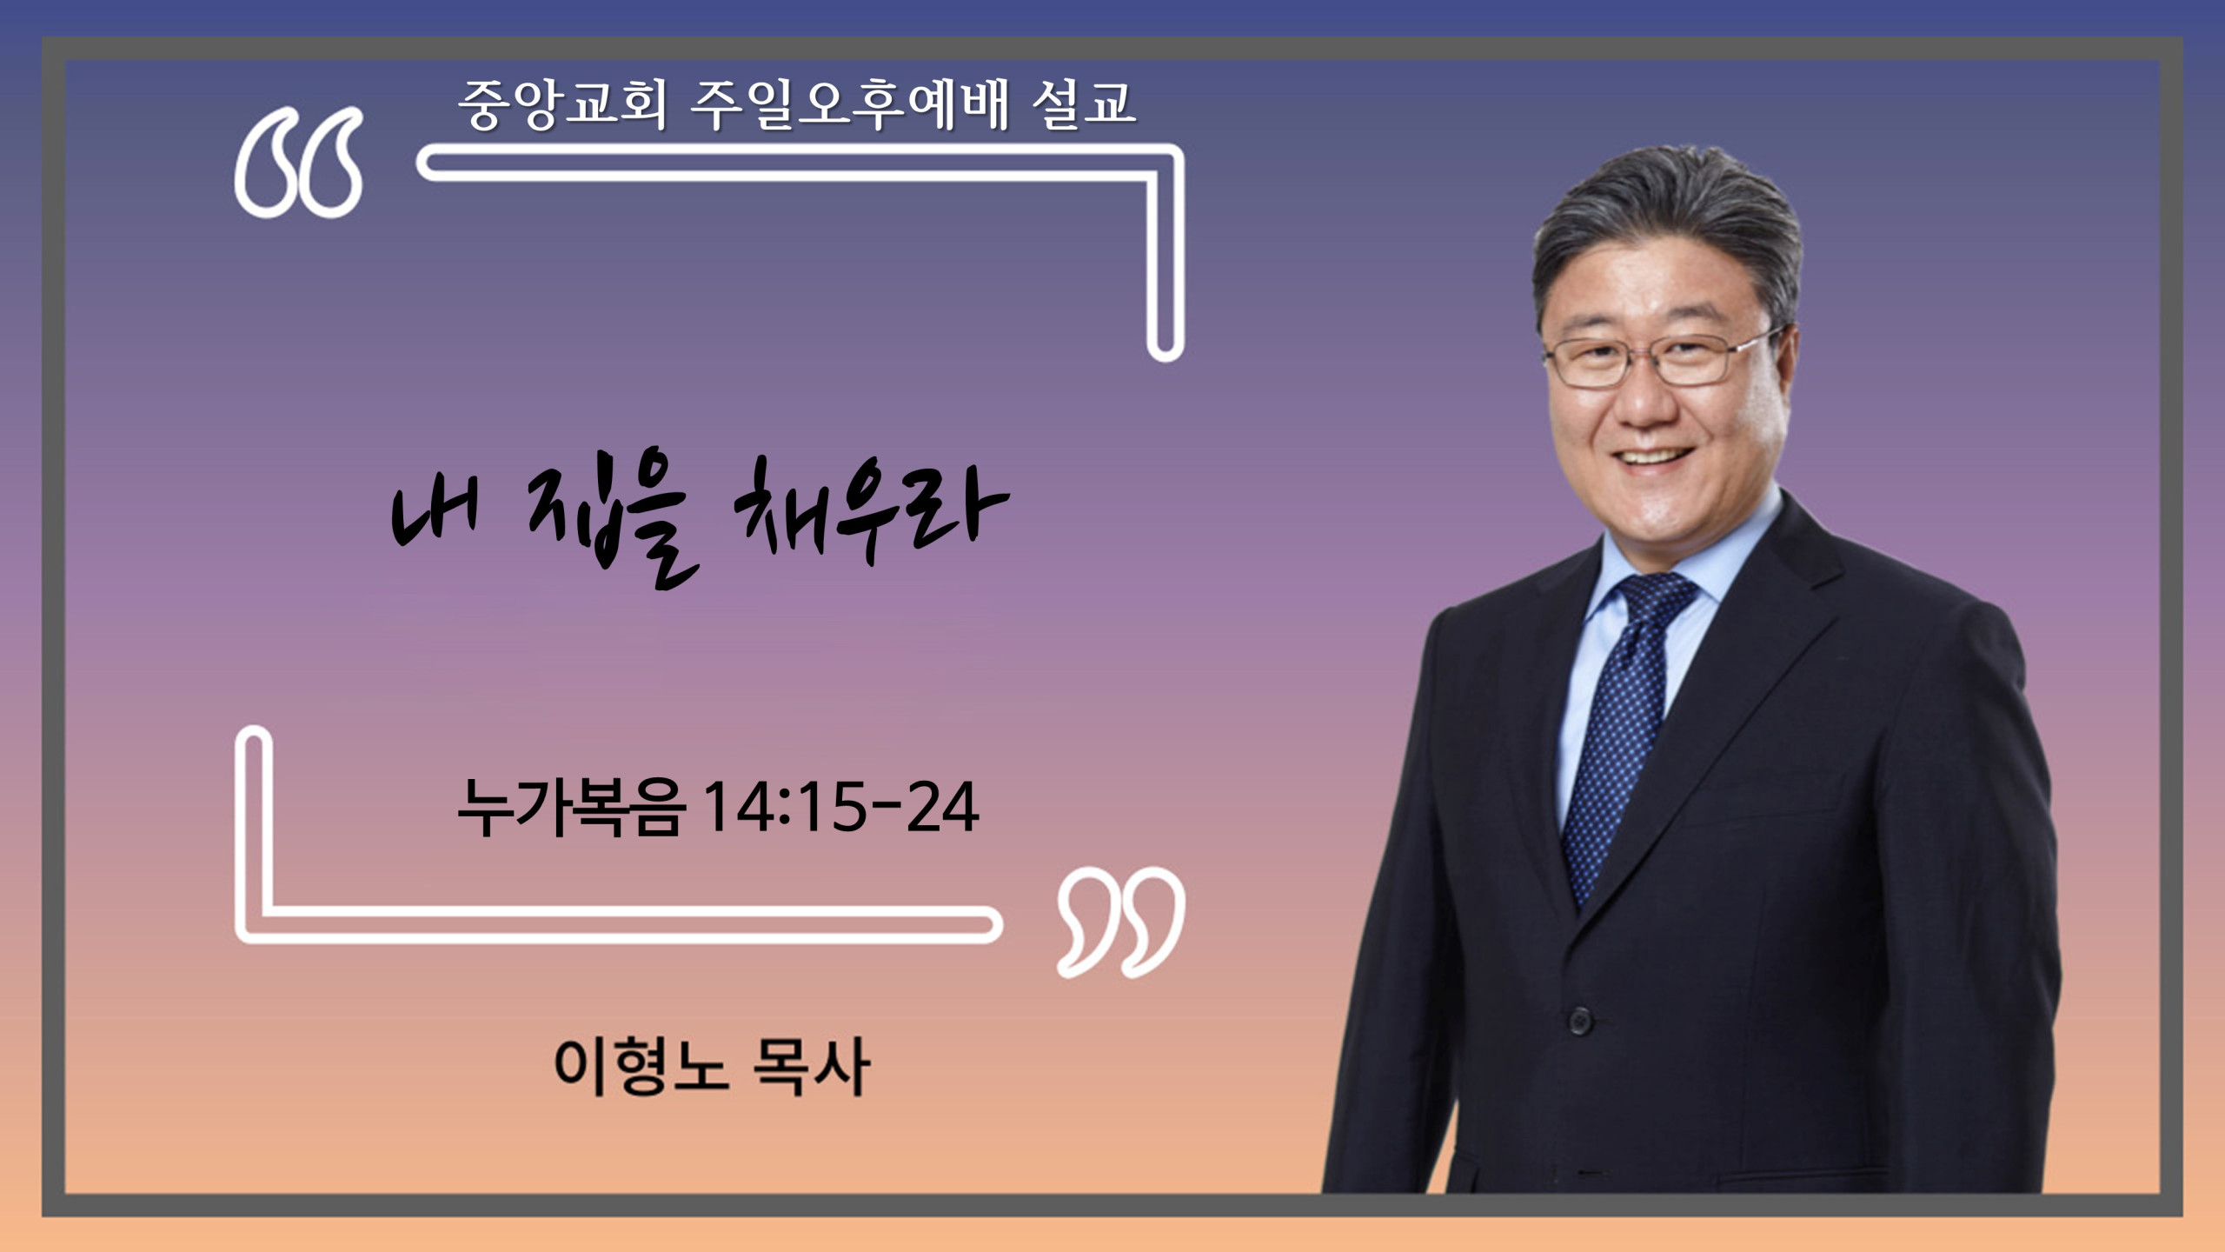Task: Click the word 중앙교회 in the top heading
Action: pos(562,104)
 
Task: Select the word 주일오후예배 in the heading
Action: pos(849,104)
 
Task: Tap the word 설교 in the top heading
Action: pos(1084,104)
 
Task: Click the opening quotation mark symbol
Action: pos(298,163)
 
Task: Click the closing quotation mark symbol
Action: pos(1121,922)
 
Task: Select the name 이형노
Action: pos(641,1066)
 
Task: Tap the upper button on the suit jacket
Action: pos(1580,1019)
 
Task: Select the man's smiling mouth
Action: pos(1653,457)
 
